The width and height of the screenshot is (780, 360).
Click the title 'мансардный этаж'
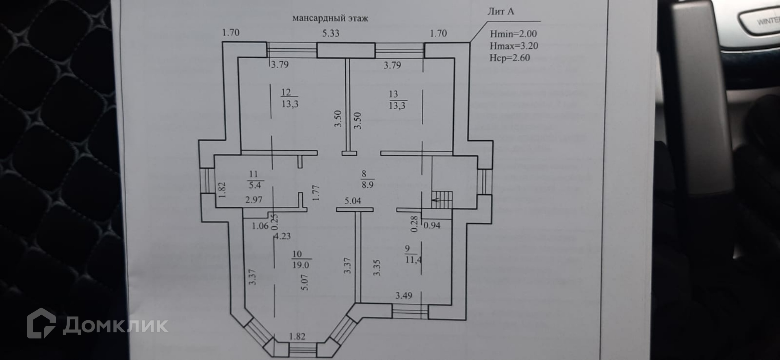click(x=330, y=18)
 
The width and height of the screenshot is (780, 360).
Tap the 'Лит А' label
click(x=500, y=11)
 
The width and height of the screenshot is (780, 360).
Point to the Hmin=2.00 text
click(x=513, y=34)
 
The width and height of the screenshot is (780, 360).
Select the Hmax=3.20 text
click(x=513, y=46)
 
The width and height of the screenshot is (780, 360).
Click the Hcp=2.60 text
click(x=509, y=58)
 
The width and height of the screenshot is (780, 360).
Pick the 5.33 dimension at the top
click(x=331, y=33)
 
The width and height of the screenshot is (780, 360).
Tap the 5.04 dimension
click(x=353, y=201)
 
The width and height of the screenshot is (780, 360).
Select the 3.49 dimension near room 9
click(x=404, y=296)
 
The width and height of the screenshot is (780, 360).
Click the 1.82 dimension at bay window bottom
click(x=297, y=336)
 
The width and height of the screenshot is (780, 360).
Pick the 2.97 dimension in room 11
click(x=253, y=200)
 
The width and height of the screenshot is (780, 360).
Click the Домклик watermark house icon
click(x=41, y=323)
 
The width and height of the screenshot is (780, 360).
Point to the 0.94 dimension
click(x=432, y=225)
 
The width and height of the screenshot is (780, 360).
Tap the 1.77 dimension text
click(x=317, y=193)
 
